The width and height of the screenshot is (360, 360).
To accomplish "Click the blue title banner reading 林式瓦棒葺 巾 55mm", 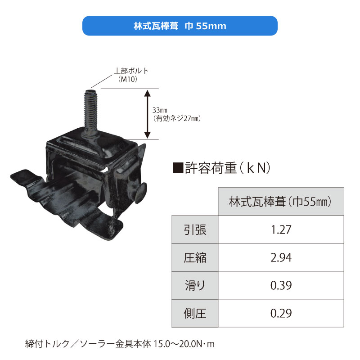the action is [180, 26].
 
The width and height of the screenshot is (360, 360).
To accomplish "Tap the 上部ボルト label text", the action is [131, 71].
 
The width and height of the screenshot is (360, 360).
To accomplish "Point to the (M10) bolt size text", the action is [128, 79].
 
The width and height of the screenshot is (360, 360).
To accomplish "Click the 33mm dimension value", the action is [160, 110].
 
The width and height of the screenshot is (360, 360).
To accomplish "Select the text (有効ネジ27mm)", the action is [177, 118].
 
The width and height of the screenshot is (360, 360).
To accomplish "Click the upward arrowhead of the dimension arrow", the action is [148, 93].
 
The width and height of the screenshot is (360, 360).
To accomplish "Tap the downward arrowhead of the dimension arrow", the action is [148, 135].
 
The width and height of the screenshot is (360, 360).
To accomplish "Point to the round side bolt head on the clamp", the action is [140, 193].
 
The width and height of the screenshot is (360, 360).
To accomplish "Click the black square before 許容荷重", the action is [178, 167].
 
